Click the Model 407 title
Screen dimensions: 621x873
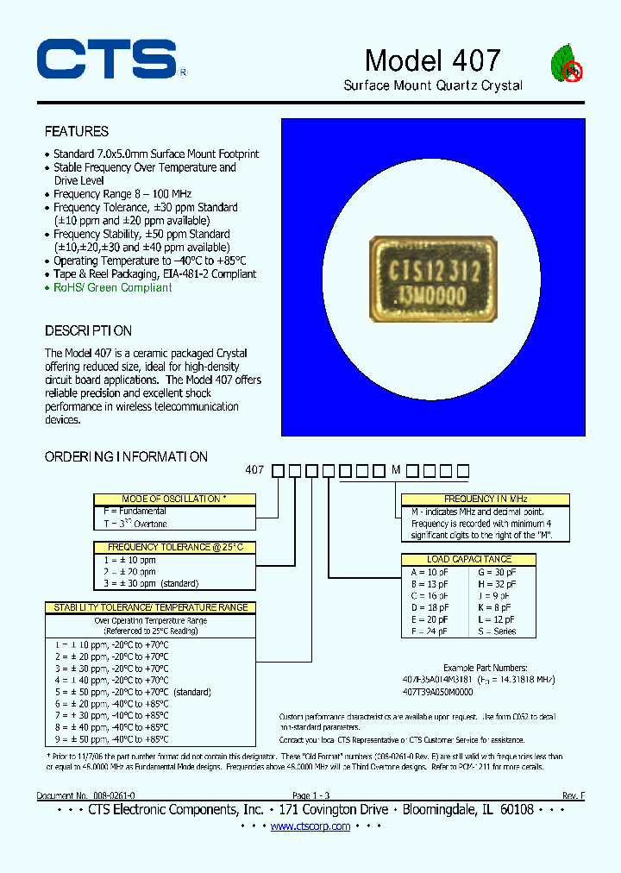coord(432,60)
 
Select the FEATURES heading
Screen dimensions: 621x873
coord(77,132)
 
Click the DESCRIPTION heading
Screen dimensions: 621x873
coord(88,331)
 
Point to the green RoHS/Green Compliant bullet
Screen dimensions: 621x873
coord(112,288)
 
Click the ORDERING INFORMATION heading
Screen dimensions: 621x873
coord(126,457)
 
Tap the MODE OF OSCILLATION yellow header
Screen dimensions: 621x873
coord(175,499)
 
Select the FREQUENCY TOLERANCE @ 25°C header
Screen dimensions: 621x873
coord(175,547)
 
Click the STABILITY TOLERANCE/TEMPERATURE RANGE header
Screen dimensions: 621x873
coord(150,607)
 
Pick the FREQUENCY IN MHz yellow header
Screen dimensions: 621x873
coord(486,499)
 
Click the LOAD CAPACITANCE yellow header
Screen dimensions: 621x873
coord(468,559)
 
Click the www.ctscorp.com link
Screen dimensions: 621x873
coord(310,826)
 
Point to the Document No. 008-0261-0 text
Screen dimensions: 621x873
coord(85,796)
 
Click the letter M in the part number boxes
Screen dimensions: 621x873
coord(396,470)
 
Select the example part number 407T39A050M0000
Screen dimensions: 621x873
coord(438,691)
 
